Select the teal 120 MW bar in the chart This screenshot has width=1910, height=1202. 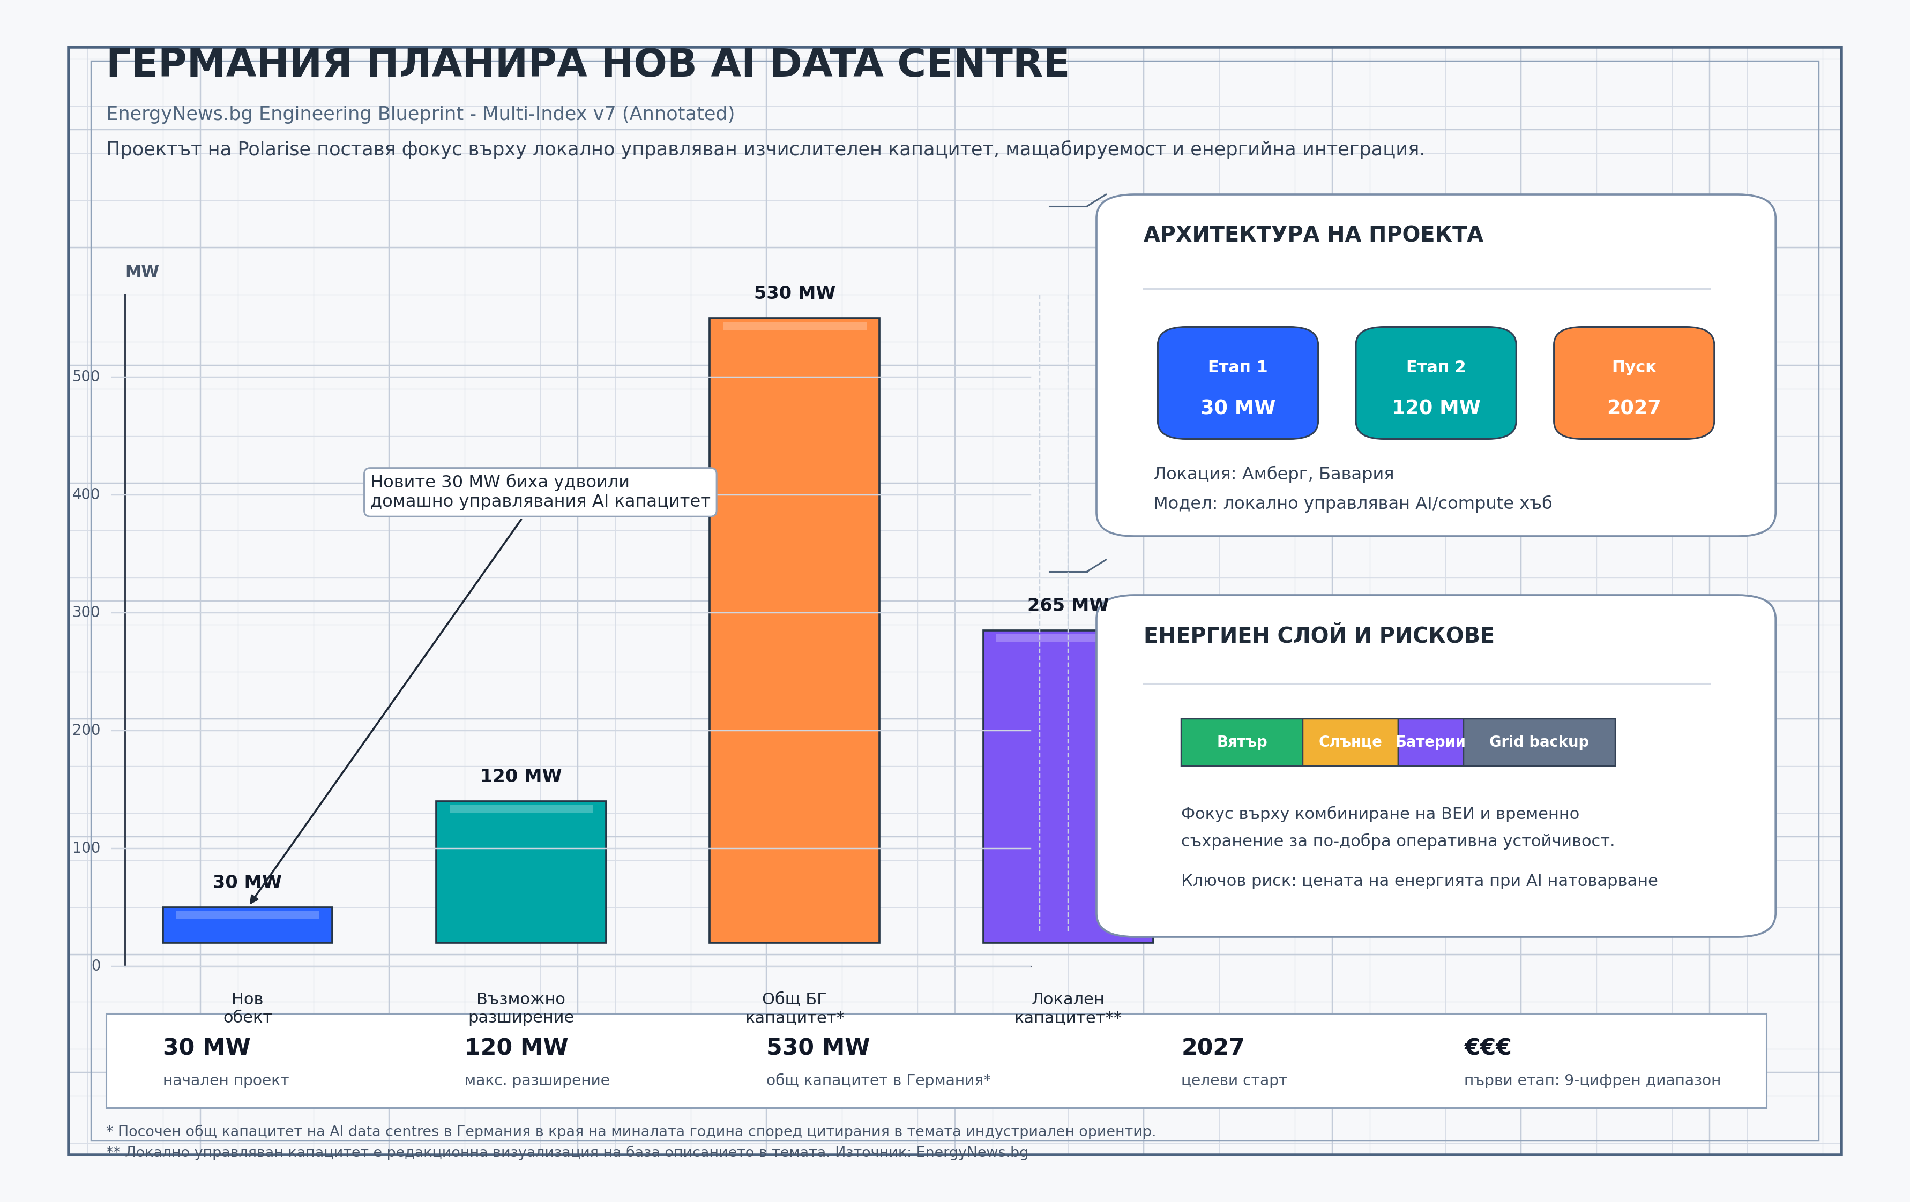[x=520, y=872]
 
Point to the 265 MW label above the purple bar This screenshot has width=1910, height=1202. [x=1067, y=605]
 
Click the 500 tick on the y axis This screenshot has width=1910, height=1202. [x=86, y=377]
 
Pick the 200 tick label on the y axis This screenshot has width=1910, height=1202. [x=86, y=730]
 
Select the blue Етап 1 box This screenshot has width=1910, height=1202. [x=1237, y=383]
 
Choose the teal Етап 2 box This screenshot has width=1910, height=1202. [x=1436, y=383]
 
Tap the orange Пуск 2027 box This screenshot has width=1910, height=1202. [x=1633, y=383]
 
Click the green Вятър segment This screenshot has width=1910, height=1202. [x=1241, y=742]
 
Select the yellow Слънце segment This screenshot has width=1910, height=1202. [x=1349, y=742]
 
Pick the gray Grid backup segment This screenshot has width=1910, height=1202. [x=1538, y=742]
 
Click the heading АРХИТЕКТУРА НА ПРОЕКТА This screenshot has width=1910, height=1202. [x=1313, y=235]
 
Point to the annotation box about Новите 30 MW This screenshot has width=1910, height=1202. [x=539, y=492]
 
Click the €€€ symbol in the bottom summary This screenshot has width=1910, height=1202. [x=1487, y=1047]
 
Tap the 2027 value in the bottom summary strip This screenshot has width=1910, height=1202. [x=1212, y=1047]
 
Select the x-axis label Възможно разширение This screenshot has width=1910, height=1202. [x=520, y=1008]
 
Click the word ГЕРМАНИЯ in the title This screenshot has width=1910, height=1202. [x=228, y=63]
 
